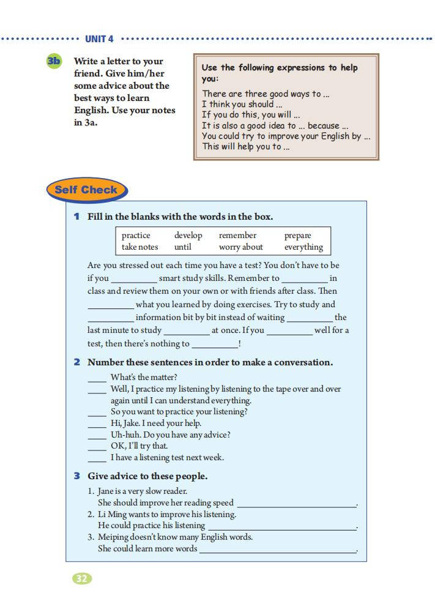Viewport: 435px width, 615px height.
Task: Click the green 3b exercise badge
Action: click(54, 61)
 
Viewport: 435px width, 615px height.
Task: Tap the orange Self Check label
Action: click(86, 190)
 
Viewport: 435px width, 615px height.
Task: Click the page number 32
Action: click(82, 578)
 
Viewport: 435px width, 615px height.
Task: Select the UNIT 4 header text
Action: click(99, 39)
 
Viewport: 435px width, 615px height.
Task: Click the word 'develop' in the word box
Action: click(188, 236)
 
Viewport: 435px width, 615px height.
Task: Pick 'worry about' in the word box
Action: click(240, 247)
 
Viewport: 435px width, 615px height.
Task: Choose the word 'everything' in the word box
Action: click(303, 247)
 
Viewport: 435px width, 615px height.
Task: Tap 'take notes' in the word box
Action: click(139, 247)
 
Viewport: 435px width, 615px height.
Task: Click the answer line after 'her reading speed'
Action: click(296, 505)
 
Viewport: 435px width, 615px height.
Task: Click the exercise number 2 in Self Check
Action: click(77, 362)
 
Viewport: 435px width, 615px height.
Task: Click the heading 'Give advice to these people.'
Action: click(147, 476)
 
